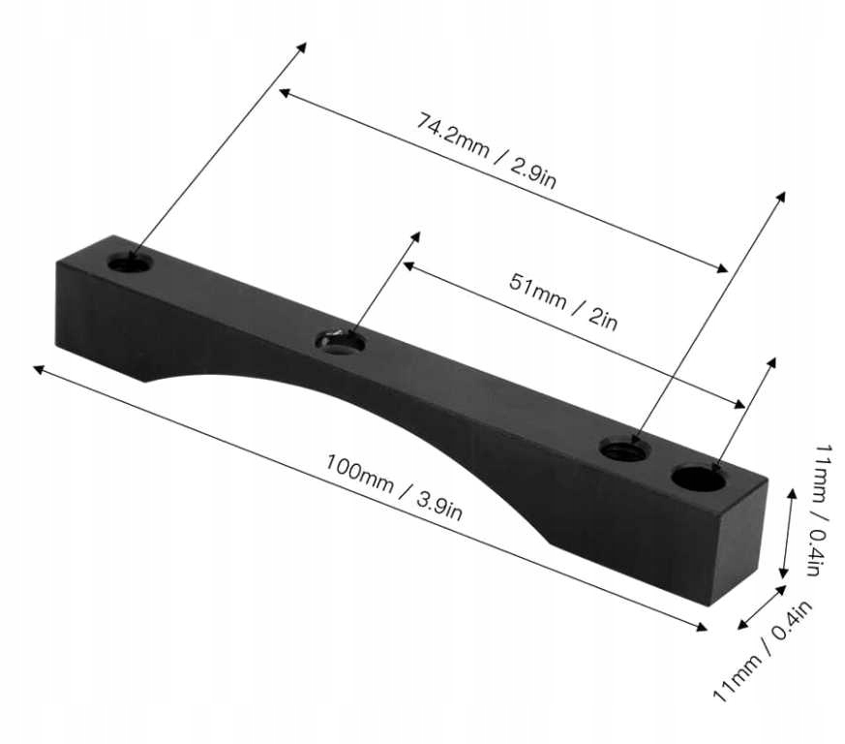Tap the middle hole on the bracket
(341, 341)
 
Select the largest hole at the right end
(699, 478)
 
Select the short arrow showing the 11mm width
(761, 606)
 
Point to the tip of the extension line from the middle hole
(418, 234)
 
